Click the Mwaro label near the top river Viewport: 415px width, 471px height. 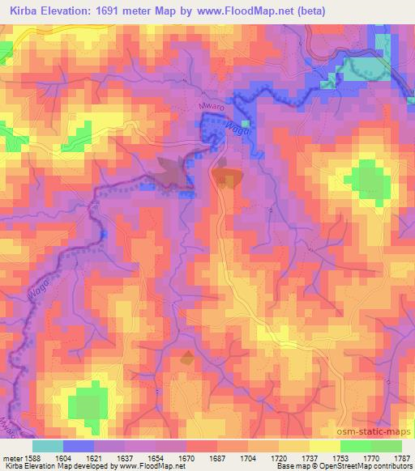click(209, 104)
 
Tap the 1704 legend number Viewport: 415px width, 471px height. click(248, 457)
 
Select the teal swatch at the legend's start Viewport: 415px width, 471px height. click(47, 446)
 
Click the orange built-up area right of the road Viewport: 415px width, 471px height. click(228, 178)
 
